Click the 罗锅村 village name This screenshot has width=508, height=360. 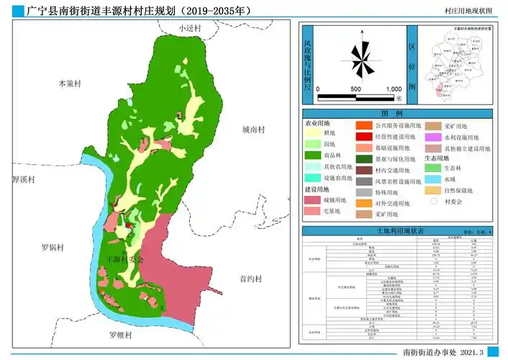(x=52, y=248)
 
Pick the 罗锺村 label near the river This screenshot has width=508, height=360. (x=122, y=336)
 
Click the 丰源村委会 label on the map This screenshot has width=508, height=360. (x=124, y=258)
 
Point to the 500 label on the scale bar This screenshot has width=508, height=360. (x=355, y=89)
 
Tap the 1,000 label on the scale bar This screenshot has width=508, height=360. (x=393, y=89)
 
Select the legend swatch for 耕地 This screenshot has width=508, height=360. (x=313, y=133)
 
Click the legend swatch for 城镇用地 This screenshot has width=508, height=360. (x=313, y=199)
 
